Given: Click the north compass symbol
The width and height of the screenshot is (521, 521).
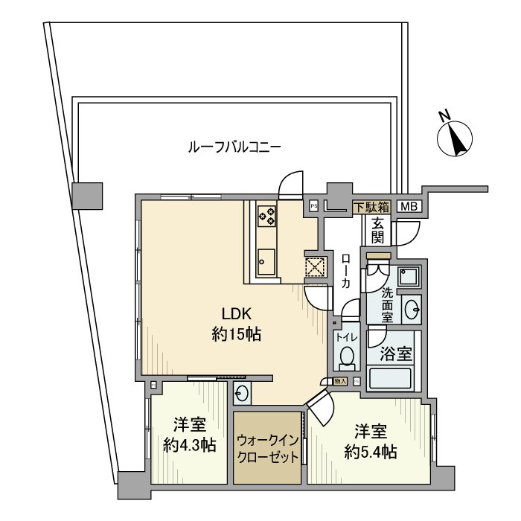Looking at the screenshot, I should coord(456,136).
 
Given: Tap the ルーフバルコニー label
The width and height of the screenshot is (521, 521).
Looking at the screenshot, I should coord(234,147).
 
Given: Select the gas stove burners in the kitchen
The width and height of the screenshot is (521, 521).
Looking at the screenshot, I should coord(266,216).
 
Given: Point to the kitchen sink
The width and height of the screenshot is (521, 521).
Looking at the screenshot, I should coord(266,260).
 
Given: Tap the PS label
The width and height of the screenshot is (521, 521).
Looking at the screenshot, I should coord(314,206).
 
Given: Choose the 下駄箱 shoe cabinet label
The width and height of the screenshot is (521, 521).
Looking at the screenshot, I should coord(371,207).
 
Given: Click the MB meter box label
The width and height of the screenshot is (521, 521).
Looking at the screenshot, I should coord(408,207).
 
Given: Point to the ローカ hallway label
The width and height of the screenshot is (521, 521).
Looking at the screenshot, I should coord(345,272).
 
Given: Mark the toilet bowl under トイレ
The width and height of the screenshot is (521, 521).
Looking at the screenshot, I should coord(346,357).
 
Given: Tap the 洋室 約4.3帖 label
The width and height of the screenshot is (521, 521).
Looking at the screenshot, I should coord(190,435).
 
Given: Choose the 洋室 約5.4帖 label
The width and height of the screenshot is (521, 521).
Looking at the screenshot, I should coord(370,441).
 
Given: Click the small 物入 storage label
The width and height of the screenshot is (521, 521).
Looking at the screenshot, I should coord(340,381).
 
